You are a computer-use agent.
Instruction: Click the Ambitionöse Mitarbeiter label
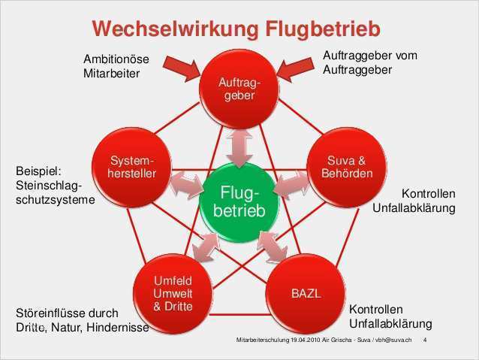click(116, 66)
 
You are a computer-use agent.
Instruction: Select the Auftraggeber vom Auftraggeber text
click(369, 62)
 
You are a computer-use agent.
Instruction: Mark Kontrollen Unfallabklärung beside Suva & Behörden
click(415, 199)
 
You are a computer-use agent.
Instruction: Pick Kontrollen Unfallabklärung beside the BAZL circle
click(390, 316)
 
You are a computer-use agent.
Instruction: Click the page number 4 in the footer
click(426, 340)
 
